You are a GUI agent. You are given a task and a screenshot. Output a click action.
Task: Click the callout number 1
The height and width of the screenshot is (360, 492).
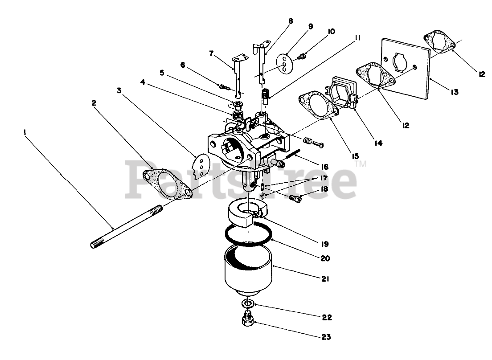point(25,132)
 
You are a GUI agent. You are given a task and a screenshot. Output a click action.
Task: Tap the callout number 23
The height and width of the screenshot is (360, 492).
point(327,337)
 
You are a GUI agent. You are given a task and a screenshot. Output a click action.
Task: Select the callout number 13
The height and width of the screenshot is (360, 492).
point(454,92)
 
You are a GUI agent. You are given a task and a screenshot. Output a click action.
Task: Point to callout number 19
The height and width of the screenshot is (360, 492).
point(324,244)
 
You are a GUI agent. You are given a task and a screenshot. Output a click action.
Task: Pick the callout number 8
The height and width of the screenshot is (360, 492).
point(291,20)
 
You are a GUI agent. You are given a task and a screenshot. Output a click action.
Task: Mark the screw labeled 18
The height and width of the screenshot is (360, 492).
point(295,197)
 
